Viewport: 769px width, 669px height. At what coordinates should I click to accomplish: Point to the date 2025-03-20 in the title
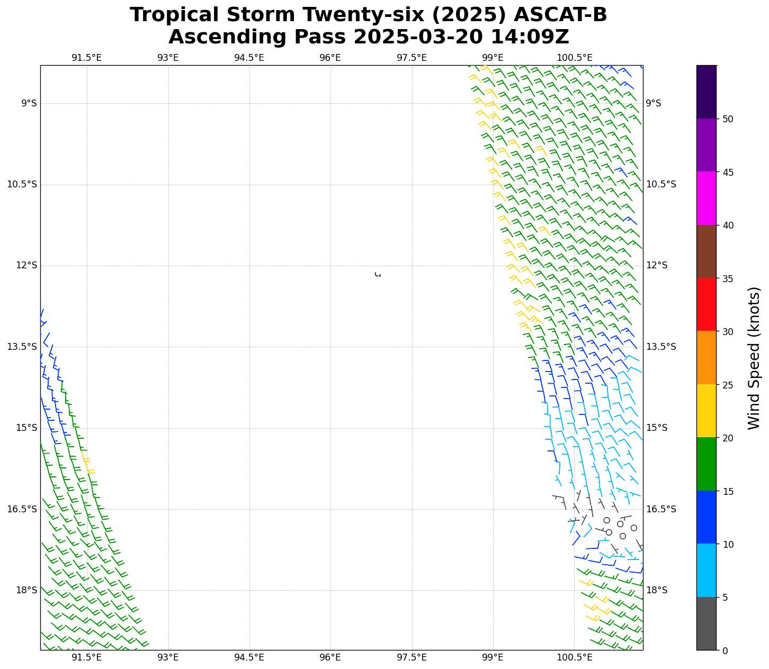click(x=419, y=37)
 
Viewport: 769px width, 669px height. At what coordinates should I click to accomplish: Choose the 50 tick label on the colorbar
click(x=728, y=119)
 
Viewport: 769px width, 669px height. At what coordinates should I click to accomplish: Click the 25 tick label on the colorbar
click(x=728, y=385)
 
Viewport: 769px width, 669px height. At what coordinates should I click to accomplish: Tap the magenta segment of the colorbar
click(x=706, y=198)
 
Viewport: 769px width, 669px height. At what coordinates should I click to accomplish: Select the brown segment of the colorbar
click(x=706, y=251)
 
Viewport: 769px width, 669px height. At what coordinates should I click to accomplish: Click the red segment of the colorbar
click(x=706, y=304)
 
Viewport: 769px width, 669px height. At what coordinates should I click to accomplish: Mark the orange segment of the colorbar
click(x=706, y=358)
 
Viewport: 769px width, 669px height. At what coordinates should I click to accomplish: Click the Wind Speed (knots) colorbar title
click(x=754, y=358)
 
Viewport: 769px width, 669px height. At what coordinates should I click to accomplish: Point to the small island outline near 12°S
click(x=378, y=274)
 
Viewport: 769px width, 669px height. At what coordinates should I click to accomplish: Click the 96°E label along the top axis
click(x=330, y=58)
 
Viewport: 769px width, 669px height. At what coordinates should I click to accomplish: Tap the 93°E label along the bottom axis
click(x=168, y=657)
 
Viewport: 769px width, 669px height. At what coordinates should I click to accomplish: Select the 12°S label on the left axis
click(x=26, y=265)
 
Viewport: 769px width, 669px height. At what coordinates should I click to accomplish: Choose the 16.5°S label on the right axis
click(x=660, y=509)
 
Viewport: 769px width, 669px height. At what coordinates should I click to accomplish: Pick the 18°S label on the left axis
click(x=26, y=590)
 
